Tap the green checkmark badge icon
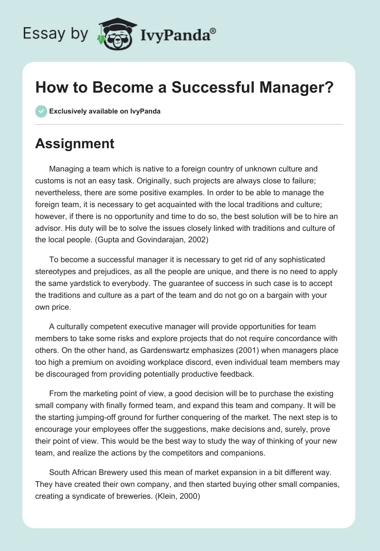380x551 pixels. coord(41,111)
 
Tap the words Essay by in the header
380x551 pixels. coord(55,33)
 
